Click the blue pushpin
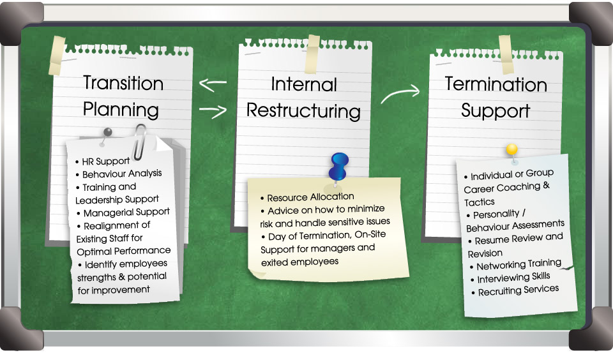coord(338,167)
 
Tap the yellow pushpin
coord(511,153)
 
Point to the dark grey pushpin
coord(105,135)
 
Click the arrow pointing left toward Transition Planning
coord(213,84)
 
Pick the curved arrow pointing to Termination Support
coord(400,94)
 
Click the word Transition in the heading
coord(123,83)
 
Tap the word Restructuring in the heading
coord(303,110)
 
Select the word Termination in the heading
coord(496,84)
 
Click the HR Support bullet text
coord(102,161)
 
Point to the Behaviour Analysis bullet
coord(119,174)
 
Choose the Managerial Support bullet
coord(123,213)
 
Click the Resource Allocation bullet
coord(307,197)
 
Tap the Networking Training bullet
coord(516,266)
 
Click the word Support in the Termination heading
coord(496,110)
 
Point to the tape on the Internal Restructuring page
coord(312,54)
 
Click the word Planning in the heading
coord(121,110)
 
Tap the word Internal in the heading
coord(304,84)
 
